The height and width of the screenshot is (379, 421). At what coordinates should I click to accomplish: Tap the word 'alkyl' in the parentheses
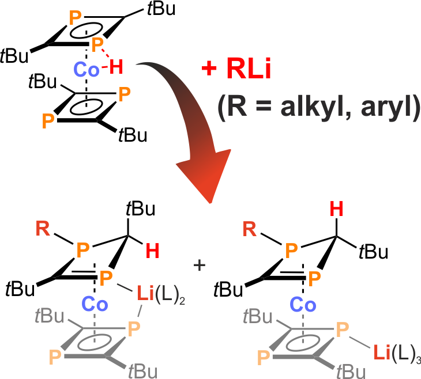point(300,108)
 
